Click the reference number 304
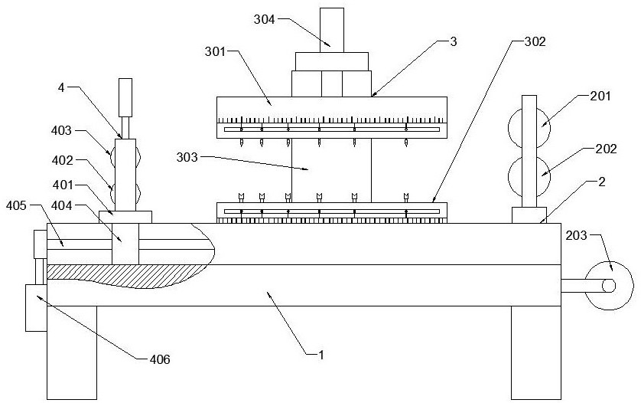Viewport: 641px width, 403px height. (x=265, y=19)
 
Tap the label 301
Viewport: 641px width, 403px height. (x=216, y=51)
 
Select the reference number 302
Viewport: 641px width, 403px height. (x=535, y=41)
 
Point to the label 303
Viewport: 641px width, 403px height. (x=187, y=157)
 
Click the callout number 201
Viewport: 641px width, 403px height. (x=600, y=96)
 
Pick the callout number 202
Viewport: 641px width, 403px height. (x=606, y=149)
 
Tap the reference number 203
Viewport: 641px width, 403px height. (x=577, y=235)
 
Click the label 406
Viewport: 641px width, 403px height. (x=159, y=359)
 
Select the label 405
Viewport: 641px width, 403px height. (x=16, y=205)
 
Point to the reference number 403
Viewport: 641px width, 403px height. (x=62, y=130)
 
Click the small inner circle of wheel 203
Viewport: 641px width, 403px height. (x=608, y=286)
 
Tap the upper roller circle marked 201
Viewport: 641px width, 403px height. (x=529, y=128)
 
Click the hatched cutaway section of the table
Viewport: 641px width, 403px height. (x=122, y=275)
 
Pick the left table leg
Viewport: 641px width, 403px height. (x=72, y=352)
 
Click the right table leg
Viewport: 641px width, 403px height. (x=536, y=352)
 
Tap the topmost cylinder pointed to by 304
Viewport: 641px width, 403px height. (x=331, y=30)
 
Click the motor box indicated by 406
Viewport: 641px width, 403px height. (x=37, y=308)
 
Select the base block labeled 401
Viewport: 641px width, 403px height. (x=125, y=217)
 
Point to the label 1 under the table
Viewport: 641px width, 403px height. (x=321, y=355)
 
